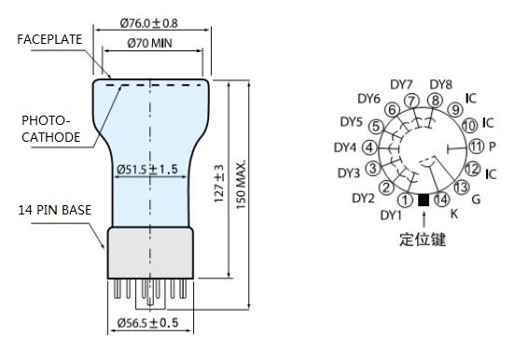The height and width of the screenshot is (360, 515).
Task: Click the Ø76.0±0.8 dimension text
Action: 148,23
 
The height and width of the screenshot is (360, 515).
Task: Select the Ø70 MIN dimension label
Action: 149,43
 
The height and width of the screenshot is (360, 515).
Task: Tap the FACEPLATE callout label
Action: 49,39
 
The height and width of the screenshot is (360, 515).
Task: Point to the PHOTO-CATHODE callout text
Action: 51,129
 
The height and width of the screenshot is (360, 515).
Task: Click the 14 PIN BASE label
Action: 54,210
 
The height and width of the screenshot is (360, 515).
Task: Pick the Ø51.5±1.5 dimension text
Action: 147,170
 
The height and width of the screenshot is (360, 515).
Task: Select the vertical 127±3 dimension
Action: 218,184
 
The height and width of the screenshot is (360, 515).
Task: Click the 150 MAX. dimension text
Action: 241,185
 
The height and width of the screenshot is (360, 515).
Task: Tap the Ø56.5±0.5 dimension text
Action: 147,323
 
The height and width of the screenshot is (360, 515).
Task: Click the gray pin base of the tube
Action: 150,253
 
